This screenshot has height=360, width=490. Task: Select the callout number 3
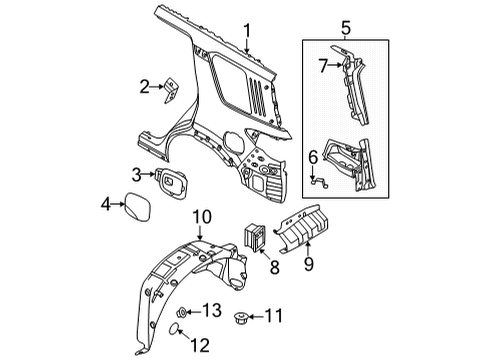(x=136, y=177)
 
